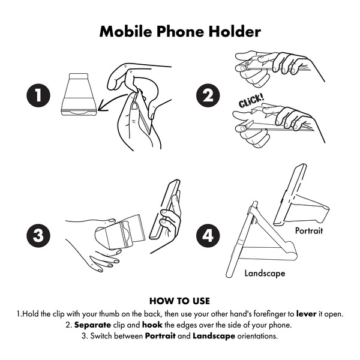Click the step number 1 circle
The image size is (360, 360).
38,95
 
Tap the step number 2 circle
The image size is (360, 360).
208,95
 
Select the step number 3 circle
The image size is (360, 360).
38,236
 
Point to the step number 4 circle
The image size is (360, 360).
208,236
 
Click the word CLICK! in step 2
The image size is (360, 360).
251,101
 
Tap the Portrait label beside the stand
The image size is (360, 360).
309,230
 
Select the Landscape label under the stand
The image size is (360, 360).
265,273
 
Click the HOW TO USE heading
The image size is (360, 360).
180,301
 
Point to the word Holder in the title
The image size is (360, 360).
235,31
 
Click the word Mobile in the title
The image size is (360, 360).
125,31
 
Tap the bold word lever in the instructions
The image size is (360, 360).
307,314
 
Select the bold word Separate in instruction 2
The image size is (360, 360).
92,325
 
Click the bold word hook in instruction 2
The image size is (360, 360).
152,325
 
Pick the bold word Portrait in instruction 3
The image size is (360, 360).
160,336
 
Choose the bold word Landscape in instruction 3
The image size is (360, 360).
214,336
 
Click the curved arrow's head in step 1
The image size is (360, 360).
101,107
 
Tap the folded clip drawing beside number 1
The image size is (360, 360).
79,94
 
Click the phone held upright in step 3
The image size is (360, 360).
164,209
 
